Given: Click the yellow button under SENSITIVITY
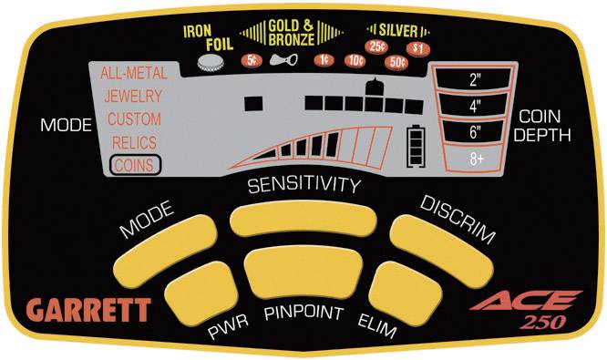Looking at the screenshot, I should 303,220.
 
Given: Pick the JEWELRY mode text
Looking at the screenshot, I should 133,96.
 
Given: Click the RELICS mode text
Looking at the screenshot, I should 133,142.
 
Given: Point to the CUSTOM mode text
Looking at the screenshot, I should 134,119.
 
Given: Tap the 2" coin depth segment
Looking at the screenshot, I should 475,79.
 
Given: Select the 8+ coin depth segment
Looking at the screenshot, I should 475,158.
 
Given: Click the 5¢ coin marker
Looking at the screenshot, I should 249,60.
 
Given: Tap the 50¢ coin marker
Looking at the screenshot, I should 397,62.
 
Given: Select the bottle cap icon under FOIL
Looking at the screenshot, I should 212,61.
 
